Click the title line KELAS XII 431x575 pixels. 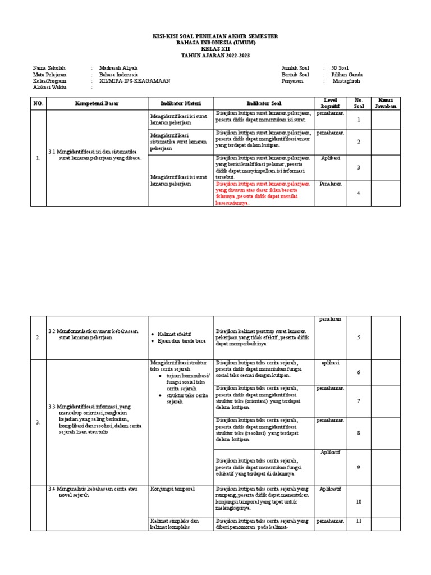pos(215,49)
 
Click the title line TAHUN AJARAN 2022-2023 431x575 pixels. pos(215,56)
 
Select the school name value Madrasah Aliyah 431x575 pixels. pos(118,68)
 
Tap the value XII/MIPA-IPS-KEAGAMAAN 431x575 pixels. pos(134,81)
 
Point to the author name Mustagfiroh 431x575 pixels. pos(347,81)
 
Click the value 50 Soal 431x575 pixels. pos(341,68)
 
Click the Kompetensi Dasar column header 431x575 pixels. pos(97,103)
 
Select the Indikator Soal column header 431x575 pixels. pos(264,103)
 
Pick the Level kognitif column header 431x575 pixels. pos(330,103)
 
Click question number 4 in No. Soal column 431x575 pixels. pos(359,194)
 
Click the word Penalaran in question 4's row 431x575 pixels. pos(330,184)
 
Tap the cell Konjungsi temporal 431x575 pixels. pos(172,489)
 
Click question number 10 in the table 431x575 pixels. pos(359,502)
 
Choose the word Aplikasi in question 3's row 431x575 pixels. pos(330,158)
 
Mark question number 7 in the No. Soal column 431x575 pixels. pos(359,400)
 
